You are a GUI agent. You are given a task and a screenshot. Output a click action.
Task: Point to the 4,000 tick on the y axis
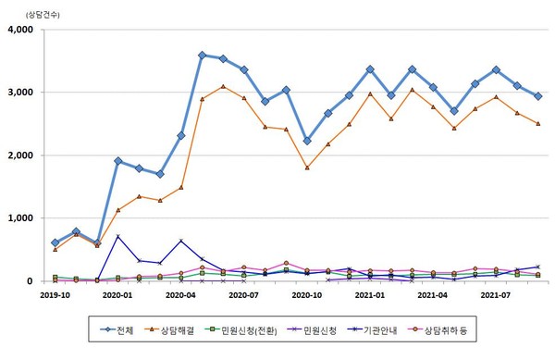(19, 30)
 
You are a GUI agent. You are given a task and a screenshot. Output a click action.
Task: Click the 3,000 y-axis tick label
(19, 93)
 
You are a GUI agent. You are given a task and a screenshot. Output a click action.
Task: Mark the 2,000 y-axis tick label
(19, 155)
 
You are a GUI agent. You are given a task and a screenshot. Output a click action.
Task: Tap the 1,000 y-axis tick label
(19, 218)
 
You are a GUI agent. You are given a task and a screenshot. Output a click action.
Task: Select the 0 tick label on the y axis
(30, 281)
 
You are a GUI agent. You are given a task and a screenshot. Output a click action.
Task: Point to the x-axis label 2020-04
(180, 295)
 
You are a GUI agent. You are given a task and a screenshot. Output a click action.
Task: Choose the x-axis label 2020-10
(306, 295)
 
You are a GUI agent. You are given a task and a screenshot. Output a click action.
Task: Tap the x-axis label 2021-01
(369, 295)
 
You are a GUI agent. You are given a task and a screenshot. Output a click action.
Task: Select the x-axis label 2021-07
(496, 295)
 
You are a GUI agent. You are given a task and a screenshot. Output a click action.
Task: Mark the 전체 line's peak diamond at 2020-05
(202, 56)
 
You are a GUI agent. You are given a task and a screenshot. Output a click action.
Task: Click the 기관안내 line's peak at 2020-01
(117, 237)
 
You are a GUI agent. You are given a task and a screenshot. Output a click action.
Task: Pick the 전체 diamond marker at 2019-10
(55, 242)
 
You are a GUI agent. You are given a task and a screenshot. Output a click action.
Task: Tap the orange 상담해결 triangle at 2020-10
(307, 168)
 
